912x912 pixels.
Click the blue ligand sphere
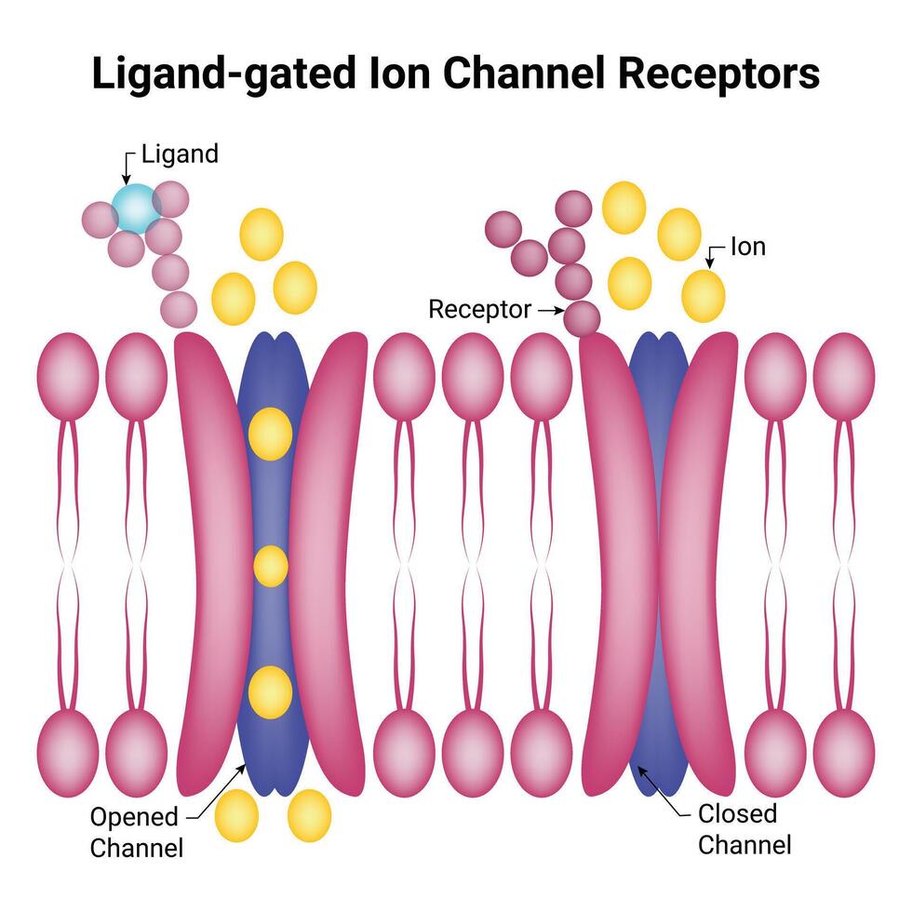(136, 208)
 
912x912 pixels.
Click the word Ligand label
(180, 154)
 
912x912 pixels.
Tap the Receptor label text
(479, 310)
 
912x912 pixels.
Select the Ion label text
(747, 248)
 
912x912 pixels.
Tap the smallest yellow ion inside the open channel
(271, 566)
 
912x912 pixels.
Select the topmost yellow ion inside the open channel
(271, 433)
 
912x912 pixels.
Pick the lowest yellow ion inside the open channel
(271, 691)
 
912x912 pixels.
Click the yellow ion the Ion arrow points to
(703, 295)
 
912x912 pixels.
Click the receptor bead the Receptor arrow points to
(583, 317)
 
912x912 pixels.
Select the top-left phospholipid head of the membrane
(67, 369)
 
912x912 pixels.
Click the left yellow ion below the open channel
(236, 816)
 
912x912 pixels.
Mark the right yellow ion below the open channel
(309, 815)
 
